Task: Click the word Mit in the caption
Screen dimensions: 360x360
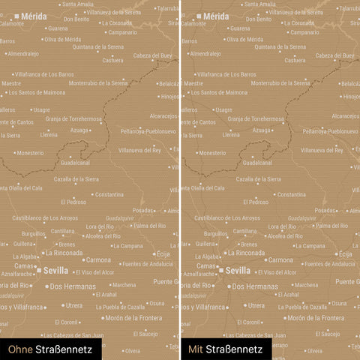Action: click(196, 349)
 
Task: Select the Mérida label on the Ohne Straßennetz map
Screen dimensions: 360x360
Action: click(33, 15)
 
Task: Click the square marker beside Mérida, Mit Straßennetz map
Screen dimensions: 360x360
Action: click(199, 15)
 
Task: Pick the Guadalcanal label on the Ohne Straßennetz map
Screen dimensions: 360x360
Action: click(75, 163)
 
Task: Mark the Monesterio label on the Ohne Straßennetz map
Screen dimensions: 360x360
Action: click(30, 153)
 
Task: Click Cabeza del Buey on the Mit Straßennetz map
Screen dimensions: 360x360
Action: click(334, 55)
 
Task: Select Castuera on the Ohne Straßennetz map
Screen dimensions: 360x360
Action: click(112, 61)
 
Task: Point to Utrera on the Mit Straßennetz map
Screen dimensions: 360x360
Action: click(256, 305)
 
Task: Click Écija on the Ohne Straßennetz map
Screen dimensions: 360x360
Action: click(163, 254)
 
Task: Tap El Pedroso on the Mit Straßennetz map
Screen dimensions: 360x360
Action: click(255, 202)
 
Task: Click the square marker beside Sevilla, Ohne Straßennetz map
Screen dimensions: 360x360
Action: click(39, 270)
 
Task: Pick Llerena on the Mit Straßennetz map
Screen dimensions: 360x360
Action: click(231, 135)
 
